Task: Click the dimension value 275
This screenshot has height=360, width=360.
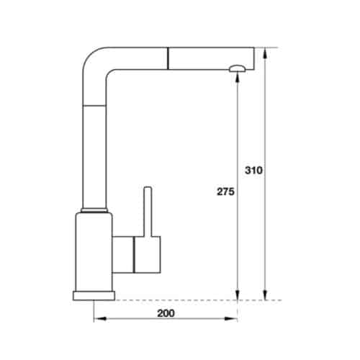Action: tap(225, 192)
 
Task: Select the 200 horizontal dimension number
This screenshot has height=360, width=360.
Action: tap(166, 315)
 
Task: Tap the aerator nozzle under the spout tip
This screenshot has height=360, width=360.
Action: tap(237, 68)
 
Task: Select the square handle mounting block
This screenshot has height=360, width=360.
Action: tap(143, 255)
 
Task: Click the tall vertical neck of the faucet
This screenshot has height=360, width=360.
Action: tap(96, 144)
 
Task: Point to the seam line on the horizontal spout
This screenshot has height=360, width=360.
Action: tap(169, 57)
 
